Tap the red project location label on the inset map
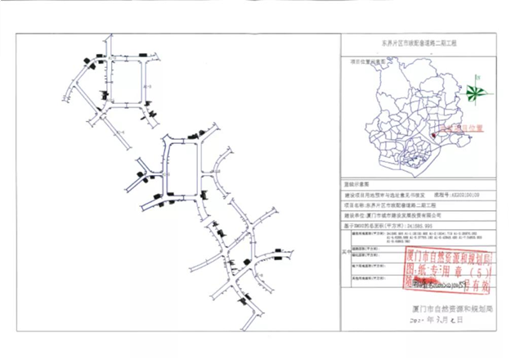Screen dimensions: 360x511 coord(464,128)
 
